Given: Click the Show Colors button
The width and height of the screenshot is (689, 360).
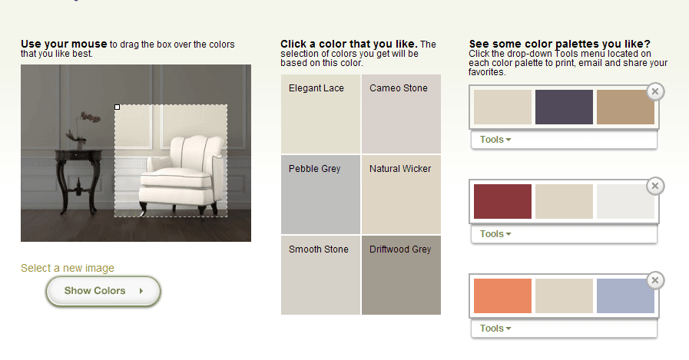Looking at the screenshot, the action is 103,291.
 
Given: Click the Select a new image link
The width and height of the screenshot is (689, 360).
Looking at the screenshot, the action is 68,268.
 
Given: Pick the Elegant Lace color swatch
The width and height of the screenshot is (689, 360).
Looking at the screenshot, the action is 320,114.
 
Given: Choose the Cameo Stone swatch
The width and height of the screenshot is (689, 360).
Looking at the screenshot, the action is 401,114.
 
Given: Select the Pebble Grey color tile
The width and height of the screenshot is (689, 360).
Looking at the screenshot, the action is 320,194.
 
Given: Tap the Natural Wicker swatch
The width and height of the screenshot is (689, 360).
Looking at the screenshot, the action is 401,194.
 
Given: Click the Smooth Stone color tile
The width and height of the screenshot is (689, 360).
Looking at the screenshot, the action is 320,276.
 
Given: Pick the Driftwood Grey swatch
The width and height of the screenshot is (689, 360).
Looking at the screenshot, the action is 401,276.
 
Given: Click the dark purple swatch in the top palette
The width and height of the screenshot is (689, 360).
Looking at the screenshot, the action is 564,107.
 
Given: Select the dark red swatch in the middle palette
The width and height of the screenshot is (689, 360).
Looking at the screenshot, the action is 502,202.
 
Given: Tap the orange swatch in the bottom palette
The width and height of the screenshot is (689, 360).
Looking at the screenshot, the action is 502,296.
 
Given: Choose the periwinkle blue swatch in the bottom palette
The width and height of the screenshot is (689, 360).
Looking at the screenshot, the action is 625,296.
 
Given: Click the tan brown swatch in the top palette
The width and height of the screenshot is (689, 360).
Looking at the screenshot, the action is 625,107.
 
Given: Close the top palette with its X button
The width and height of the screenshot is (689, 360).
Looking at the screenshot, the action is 655,92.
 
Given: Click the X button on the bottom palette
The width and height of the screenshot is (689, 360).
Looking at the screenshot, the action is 655,280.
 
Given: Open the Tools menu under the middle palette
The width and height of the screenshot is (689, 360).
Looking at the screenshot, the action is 495,234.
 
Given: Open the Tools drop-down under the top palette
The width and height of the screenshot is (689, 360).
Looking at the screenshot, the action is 495,140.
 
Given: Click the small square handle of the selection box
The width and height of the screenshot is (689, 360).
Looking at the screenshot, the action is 117,107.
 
